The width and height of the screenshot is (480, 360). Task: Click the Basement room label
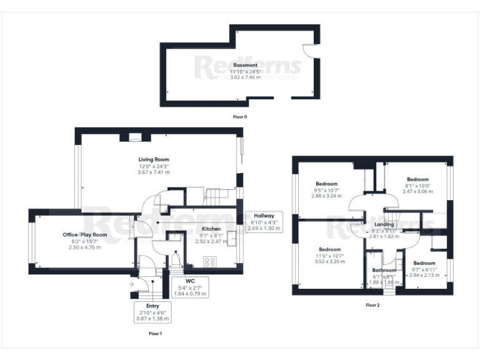point(240,65)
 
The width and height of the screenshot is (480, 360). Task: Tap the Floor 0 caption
point(240,117)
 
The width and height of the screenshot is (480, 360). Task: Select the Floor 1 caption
point(155,334)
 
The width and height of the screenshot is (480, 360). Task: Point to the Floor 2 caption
point(372,305)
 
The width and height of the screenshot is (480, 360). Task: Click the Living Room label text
point(154,159)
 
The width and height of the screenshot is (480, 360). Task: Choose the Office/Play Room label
point(85,234)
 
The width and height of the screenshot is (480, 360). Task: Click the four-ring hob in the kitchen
point(211,262)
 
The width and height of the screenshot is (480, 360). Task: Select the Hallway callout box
point(263,222)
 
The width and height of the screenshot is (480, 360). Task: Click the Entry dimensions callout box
point(152,312)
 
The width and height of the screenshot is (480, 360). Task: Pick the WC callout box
point(191,287)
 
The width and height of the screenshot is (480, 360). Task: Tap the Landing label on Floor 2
point(384,224)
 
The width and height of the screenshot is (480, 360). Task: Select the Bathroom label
point(384,270)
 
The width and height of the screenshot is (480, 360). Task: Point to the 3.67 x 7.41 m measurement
point(154,172)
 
